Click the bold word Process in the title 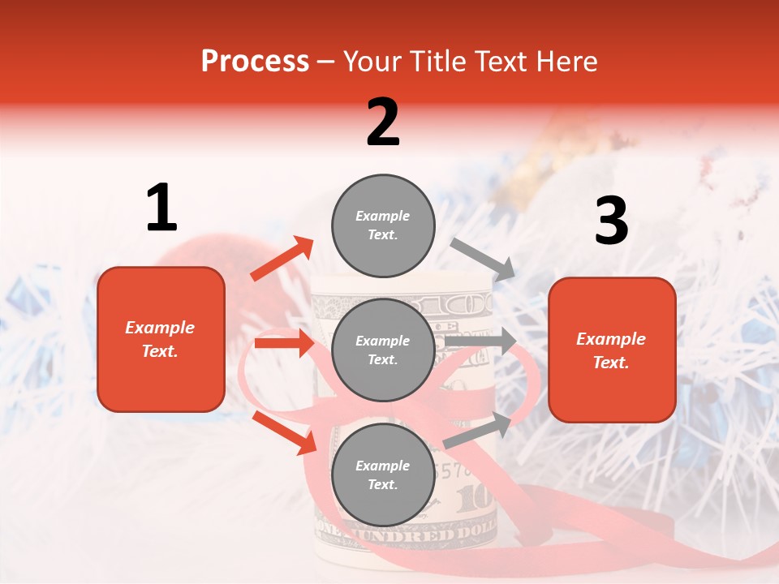pos(255,61)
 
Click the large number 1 pos(161,208)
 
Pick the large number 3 pos(611,221)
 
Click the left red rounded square pos(161,339)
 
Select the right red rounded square pos(612,350)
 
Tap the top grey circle pos(383,225)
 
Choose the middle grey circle pos(383,350)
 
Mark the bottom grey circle pos(383,474)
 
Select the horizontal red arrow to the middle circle pos(284,343)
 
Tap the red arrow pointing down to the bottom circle pos(284,432)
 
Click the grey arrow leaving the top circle pos(483,259)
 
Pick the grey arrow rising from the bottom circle pos(477,430)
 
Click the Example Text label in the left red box pos(161,339)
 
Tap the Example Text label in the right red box pos(612,350)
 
